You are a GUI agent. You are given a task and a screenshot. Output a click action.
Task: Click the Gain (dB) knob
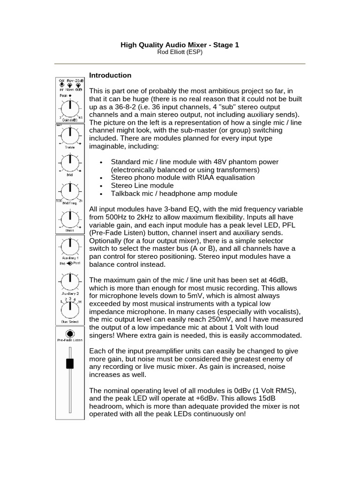[x=69, y=109]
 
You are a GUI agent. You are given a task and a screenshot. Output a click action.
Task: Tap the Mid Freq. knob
[x=69, y=190]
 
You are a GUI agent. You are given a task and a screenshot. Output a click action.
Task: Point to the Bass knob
[x=69, y=217]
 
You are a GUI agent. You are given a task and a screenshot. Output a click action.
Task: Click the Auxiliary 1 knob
[x=69, y=245]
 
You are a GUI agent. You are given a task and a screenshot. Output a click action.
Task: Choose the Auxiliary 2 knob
[x=69, y=281]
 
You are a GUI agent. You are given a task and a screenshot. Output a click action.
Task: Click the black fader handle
[x=70, y=363]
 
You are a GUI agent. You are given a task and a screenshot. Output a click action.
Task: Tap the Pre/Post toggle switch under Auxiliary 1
[x=69, y=264]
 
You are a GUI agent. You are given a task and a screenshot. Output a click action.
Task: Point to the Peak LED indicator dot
[x=70, y=96]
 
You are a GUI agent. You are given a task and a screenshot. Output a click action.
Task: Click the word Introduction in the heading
[x=110, y=75]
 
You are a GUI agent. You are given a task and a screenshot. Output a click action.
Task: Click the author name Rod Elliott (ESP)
[x=180, y=52]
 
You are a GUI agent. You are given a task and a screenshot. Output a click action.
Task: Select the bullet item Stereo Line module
[x=142, y=186]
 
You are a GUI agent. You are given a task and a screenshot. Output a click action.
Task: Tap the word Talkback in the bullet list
[x=125, y=194]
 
